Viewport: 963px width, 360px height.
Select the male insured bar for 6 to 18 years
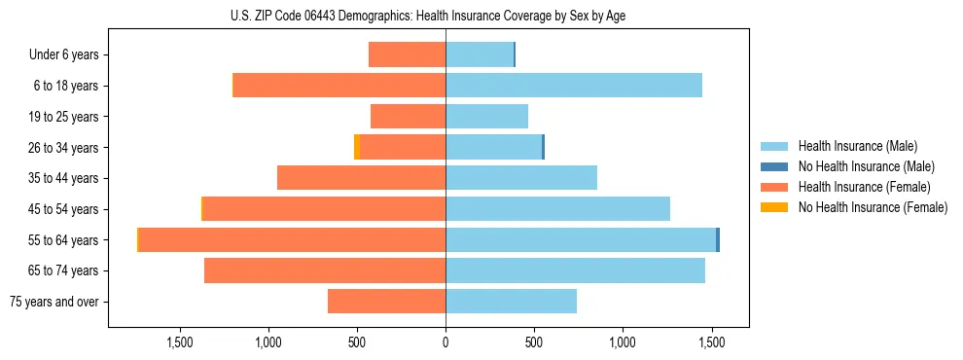[574, 86]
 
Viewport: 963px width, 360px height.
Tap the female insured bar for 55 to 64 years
[292, 239]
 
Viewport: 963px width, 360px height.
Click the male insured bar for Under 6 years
[479, 54]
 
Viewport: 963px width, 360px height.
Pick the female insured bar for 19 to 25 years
[408, 117]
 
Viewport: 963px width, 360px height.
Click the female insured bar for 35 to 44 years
[361, 178]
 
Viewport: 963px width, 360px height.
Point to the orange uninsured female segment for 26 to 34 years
[357, 147]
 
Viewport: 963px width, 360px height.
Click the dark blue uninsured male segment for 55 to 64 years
[718, 239]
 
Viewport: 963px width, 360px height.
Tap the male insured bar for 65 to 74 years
[575, 270]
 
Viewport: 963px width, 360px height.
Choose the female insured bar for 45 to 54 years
[324, 209]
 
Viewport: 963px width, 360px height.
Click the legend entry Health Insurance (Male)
[856, 146]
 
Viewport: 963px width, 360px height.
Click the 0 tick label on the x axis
[446, 342]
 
